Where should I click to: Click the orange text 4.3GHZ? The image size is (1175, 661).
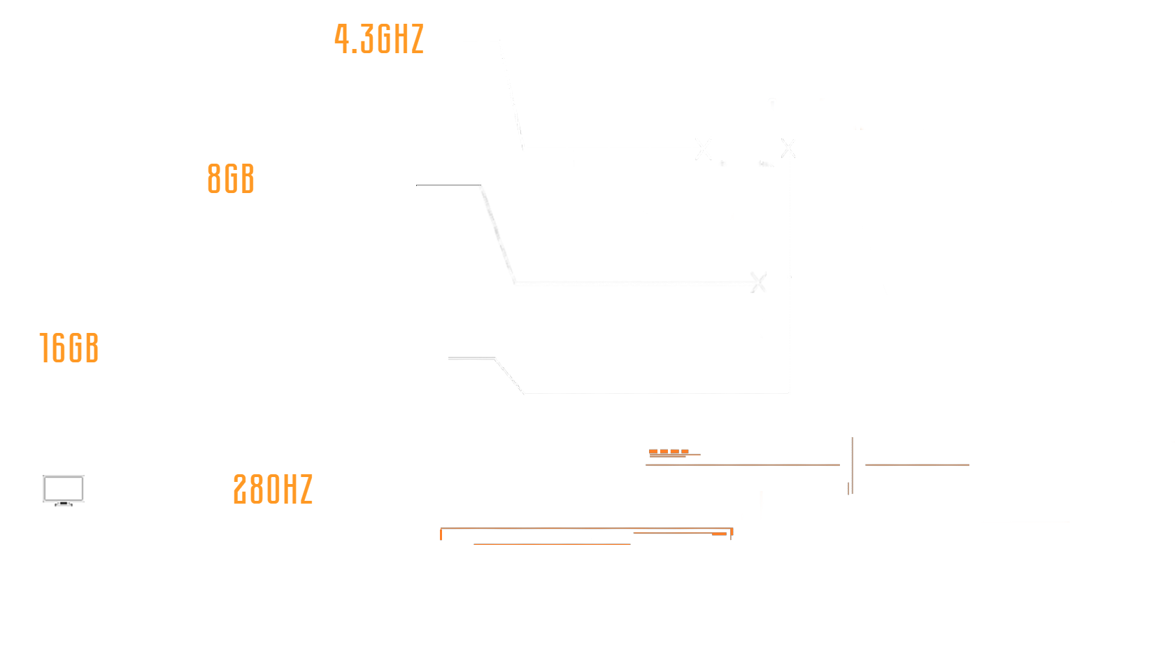pyautogui.click(x=378, y=39)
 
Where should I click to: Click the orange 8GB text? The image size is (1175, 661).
pyautogui.click(x=231, y=179)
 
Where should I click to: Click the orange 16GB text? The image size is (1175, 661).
pyautogui.click(x=69, y=348)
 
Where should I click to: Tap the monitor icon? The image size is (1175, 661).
pyautogui.click(x=64, y=490)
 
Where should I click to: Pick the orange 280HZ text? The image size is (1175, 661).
pyautogui.click(x=273, y=490)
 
